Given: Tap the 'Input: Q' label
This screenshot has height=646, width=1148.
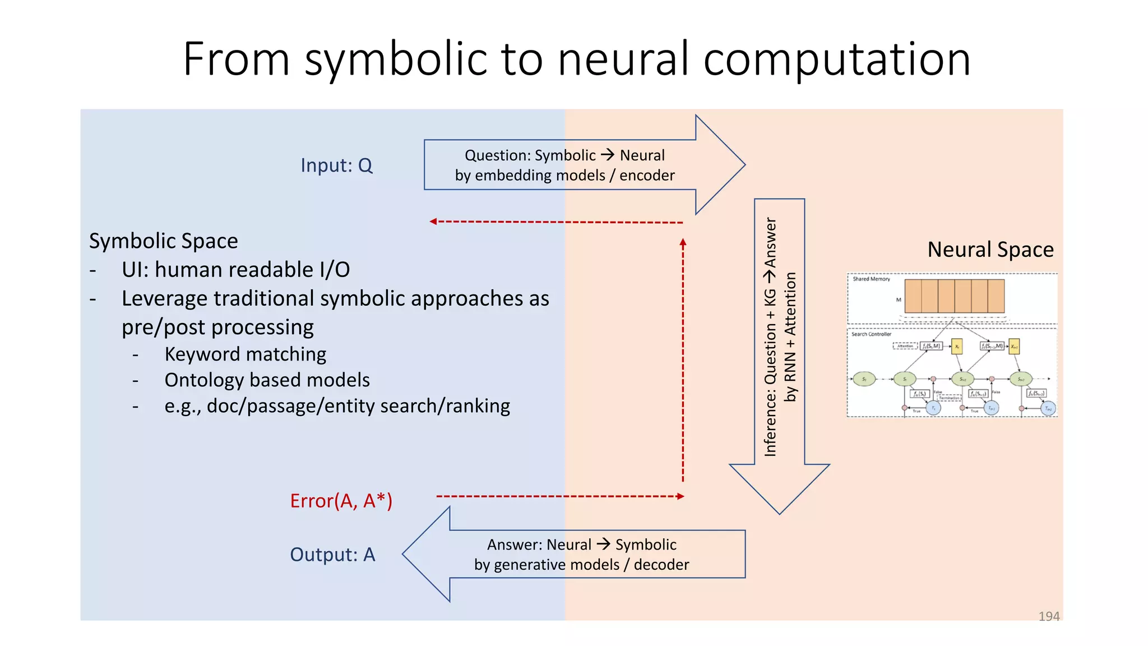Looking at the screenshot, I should [x=336, y=165].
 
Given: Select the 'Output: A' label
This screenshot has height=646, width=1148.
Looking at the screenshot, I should [x=332, y=555].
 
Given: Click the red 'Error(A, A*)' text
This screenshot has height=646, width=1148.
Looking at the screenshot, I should [x=341, y=501].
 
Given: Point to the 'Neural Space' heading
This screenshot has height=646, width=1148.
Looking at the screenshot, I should [x=990, y=250].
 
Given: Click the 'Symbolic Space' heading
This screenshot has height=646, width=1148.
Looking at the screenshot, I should [x=163, y=241].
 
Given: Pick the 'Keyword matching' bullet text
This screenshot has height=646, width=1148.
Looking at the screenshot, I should [x=245, y=354].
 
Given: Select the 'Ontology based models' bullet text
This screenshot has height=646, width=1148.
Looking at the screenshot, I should [x=267, y=380].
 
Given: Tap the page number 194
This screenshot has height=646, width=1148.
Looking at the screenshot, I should [x=1049, y=616].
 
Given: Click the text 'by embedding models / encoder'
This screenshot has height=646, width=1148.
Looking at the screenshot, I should [x=564, y=176].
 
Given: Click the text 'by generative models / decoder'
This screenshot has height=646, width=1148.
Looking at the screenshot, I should [x=581, y=565].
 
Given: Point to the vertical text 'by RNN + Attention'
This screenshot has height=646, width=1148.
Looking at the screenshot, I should [x=790, y=336].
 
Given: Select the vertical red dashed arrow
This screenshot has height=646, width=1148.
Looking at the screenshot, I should [x=683, y=359].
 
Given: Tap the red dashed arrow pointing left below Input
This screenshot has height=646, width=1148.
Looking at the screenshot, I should [x=555, y=222].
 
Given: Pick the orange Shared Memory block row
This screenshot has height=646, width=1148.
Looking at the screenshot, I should [x=954, y=296].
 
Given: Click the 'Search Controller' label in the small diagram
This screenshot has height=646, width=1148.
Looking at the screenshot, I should [x=871, y=334].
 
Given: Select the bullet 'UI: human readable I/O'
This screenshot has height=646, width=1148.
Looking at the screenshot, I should [x=235, y=270].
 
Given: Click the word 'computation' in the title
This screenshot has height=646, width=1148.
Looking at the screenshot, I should [x=836, y=59].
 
